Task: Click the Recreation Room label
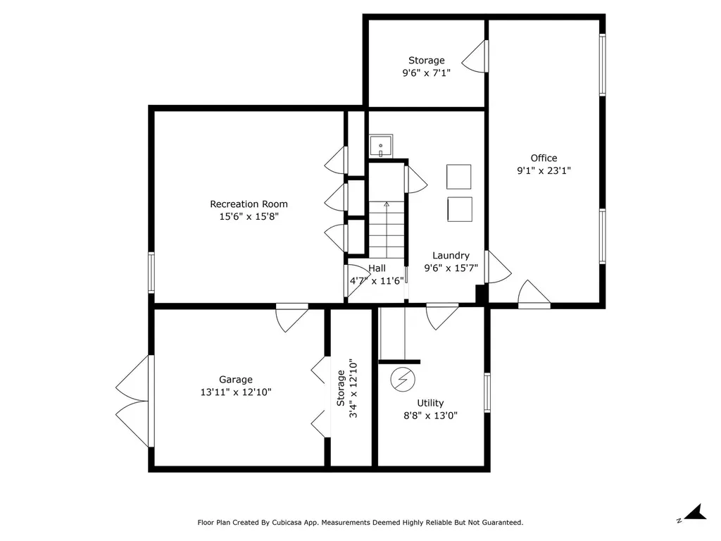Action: click(x=249, y=204)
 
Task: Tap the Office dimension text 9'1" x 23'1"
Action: click(x=544, y=170)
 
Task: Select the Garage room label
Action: click(x=235, y=380)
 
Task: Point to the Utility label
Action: click(x=430, y=403)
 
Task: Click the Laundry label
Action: click(x=451, y=256)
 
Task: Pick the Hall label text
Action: click(x=377, y=268)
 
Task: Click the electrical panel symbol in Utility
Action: click(x=403, y=380)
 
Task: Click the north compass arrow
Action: click(x=695, y=513)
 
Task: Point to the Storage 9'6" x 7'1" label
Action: click(x=426, y=66)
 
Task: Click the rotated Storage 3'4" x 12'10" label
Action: click(x=346, y=388)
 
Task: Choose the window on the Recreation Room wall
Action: click(x=151, y=273)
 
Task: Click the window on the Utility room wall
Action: click(x=487, y=392)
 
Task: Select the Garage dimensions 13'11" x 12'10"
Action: click(x=236, y=392)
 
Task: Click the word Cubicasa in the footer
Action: click(x=287, y=523)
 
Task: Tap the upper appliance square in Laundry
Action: click(x=459, y=177)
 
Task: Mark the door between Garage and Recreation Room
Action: click(x=292, y=318)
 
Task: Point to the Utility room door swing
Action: click(x=442, y=316)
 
